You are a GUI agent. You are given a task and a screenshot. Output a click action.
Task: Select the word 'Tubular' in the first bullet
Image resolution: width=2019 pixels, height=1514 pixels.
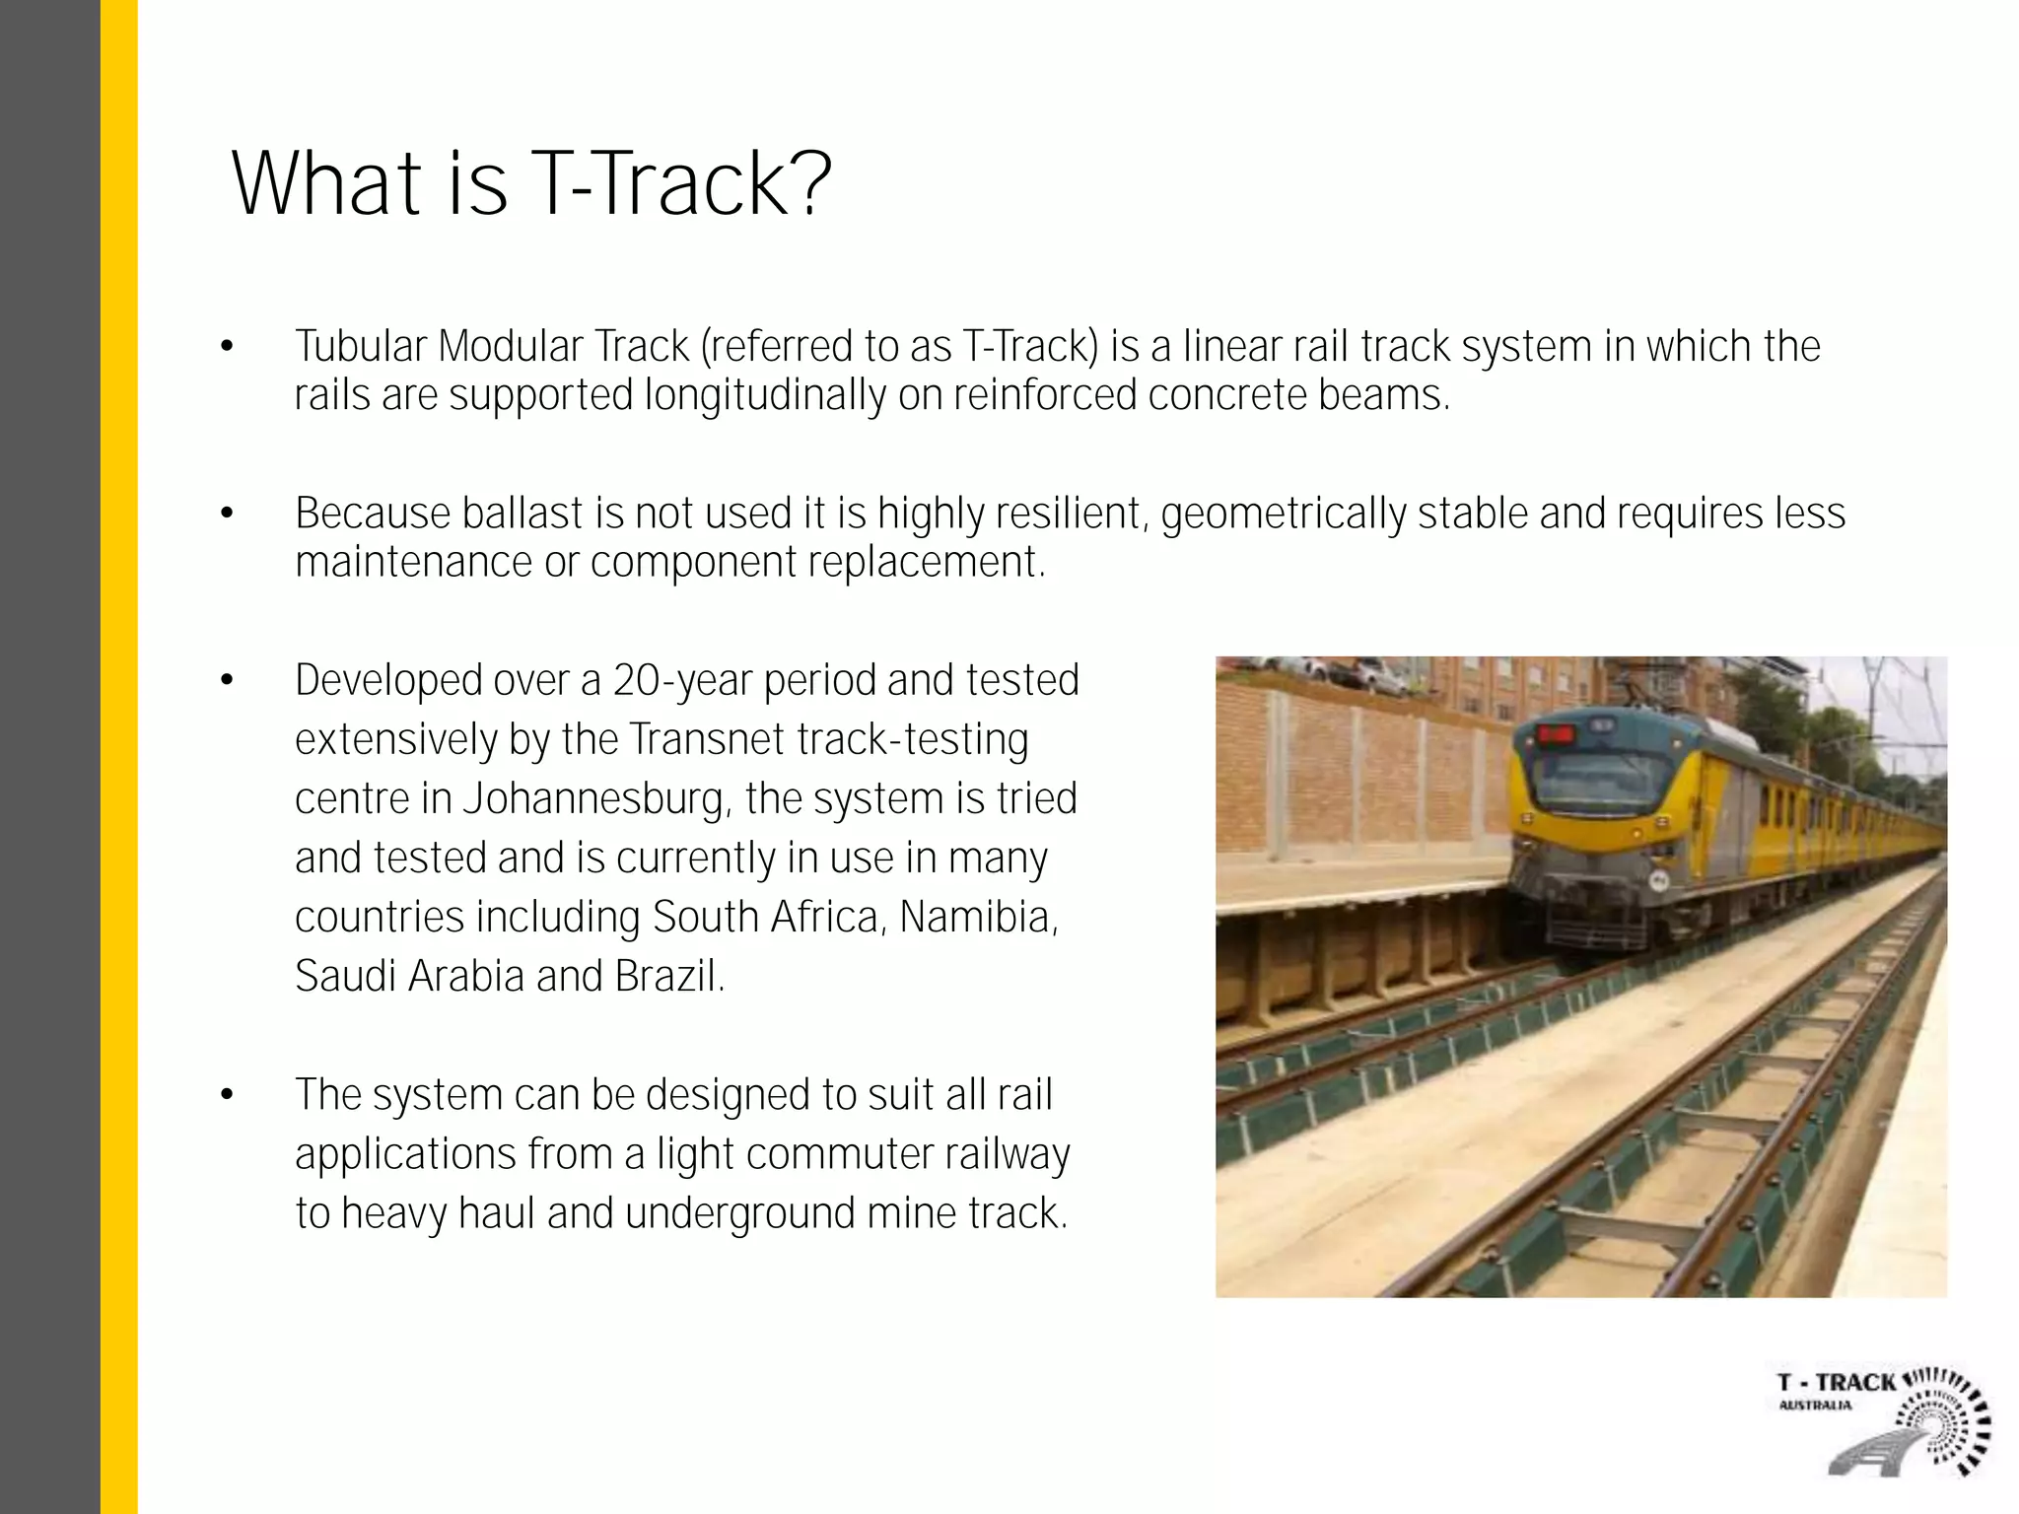pyautogui.click(x=361, y=347)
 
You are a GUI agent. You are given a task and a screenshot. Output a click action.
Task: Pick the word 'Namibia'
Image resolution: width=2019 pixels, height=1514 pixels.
pyautogui.click(x=977, y=918)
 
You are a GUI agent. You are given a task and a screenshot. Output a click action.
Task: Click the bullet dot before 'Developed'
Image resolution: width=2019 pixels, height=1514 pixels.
pyautogui.click(x=228, y=681)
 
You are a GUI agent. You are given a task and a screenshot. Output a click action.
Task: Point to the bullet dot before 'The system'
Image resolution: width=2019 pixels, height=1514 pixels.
pyautogui.click(x=228, y=1095)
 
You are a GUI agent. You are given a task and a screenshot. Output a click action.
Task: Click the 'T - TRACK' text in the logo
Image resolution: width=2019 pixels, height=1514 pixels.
pyautogui.click(x=1836, y=1383)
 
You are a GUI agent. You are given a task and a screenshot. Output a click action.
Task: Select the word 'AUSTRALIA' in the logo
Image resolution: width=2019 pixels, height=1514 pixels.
pyautogui.click(x=1815, y=1406)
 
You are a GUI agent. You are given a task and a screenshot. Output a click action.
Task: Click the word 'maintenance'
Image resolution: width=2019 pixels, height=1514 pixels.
pyautogui.click(x=414, y=563)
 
